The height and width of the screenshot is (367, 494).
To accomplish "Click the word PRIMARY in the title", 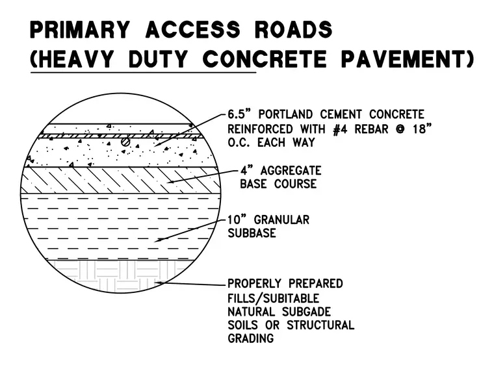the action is (x=80, y=30).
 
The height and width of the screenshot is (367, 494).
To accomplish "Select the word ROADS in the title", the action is (x=293, y=30).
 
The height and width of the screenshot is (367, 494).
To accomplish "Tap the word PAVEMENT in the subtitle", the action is (x=408, y=59).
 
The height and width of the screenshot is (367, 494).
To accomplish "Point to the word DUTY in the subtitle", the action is (x=158, y=59).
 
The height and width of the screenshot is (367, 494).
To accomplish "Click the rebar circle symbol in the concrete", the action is (x=125, y=142).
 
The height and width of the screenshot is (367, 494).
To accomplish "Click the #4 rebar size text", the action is (x=340, y=129).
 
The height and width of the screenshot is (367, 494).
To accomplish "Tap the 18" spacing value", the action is (x=422, y=129).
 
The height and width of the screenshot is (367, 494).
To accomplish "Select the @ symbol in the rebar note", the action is (x=400, y=129).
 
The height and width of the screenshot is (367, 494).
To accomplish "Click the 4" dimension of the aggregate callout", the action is (x=247, y=170).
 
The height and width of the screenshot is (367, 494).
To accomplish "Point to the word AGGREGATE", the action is (x=291, y=171).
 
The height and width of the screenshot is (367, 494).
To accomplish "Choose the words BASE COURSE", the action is (x=278, y=184).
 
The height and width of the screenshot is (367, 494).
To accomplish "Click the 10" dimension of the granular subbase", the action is (x=237, y=220).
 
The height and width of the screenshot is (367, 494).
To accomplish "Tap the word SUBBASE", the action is (x=252, y=233).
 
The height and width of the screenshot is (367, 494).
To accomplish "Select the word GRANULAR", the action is (x=281, y=220).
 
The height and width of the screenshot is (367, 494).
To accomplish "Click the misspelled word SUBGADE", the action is (x=306, y=312).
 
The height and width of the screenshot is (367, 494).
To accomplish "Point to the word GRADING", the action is (x=251, y=338).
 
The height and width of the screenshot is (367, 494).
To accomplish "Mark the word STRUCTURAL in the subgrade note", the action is (x=320, y=325).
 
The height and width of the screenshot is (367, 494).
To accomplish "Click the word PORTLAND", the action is (x=286, y=114).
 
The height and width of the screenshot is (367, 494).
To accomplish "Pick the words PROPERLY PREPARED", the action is (x=285, y=283).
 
